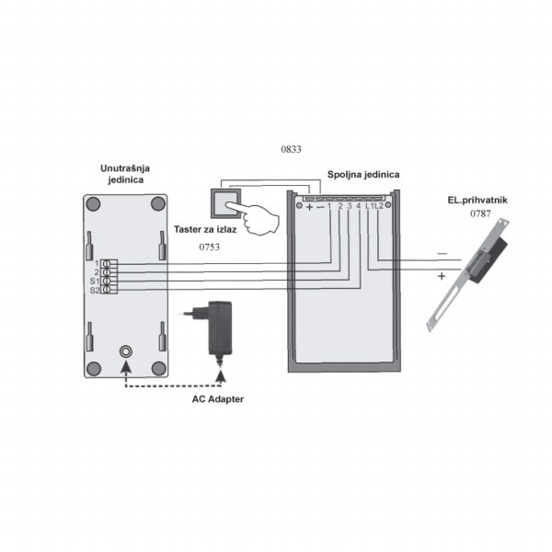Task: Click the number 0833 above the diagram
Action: coord(291,149)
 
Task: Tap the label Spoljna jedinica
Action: coord(363,174)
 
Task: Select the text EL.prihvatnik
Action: coord(477,201)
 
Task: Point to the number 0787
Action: coord(480,213)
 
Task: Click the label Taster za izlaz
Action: coord(205,229)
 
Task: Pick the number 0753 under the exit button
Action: coord(210,247)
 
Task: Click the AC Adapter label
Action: coord(218,399)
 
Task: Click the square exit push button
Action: coord(225,203)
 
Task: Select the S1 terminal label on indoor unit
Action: coord(95,282)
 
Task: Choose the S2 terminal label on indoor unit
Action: coord(95,291)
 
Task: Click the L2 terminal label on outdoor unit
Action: coord(379,206)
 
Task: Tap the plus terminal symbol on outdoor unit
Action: coord(309,207)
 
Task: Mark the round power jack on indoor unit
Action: coord(126,351)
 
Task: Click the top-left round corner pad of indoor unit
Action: coord(94,204)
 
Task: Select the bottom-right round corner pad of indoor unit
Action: coord(158,368)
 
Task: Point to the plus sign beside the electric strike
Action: coord(442,276)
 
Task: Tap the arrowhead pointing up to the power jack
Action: coord(126,366)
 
